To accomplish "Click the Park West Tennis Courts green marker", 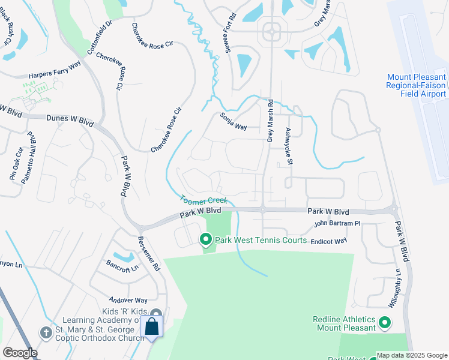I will point(205,241).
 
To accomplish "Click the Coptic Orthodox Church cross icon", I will point(46,332).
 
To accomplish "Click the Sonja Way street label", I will point(234,121).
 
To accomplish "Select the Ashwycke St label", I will point(289,146).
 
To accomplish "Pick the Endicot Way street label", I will point(329,241).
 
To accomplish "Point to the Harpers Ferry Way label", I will point(55,72).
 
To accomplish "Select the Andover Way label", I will point(128,299).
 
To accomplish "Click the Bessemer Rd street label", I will point(149,253).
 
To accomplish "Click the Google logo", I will point(20,353).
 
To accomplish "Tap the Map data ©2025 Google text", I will point(412,355).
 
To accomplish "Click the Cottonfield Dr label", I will point(100,38).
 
